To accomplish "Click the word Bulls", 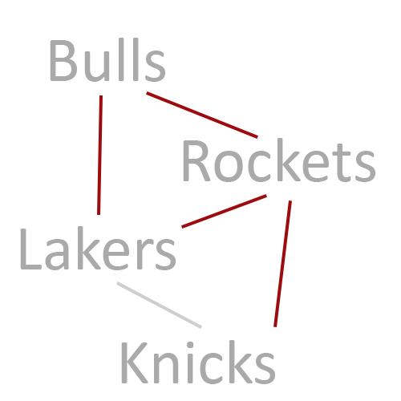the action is coord(107,59).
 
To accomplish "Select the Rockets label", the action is coord(279,160).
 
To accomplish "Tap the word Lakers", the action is coord(98,249).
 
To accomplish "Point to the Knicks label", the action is coord(198,363).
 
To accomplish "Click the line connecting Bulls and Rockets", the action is coord(202,115).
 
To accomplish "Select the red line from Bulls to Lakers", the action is coord(99,155).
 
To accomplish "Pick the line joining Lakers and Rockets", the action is coord(224,212).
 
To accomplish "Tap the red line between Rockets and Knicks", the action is coord(282,264).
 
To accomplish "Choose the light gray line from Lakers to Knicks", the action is coord(159,305).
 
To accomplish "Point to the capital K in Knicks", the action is coord(135,363).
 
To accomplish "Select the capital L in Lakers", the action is coord(30,249).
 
